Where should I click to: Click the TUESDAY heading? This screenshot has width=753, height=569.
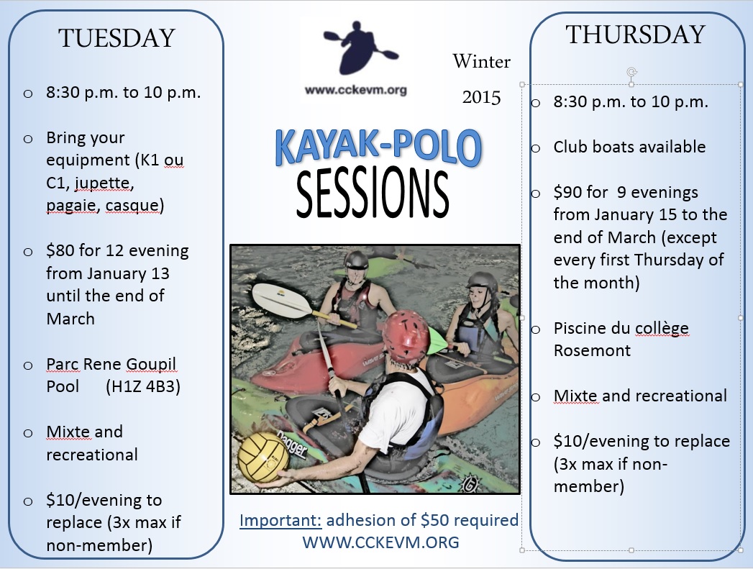click(x=117, y=38)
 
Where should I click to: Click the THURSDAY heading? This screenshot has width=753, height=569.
click(x=635, y=35)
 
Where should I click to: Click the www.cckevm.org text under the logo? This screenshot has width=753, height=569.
click(x=355, y=90)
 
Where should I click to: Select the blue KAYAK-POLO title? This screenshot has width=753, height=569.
click(x=378, y=147)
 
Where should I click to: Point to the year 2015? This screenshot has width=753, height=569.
click(x=481, y=98)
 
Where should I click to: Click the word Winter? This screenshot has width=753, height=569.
click(x=481, y=61)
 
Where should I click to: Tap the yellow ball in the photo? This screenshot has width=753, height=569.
click(x=264, y=457)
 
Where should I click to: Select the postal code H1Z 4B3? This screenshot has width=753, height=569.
click(x=143, y=386)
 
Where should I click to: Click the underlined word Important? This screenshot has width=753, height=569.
click(x=280, y=520)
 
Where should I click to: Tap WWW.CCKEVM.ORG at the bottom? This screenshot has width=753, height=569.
click(x=380, y=542)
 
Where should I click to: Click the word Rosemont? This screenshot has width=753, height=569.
click(x=592, y=350)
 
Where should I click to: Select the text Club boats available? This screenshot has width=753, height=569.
click(x=629, y=147)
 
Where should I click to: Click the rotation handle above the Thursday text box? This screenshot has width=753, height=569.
click(x=631, y=73)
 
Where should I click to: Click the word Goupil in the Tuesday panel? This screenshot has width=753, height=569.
click(x=151, y=364)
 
